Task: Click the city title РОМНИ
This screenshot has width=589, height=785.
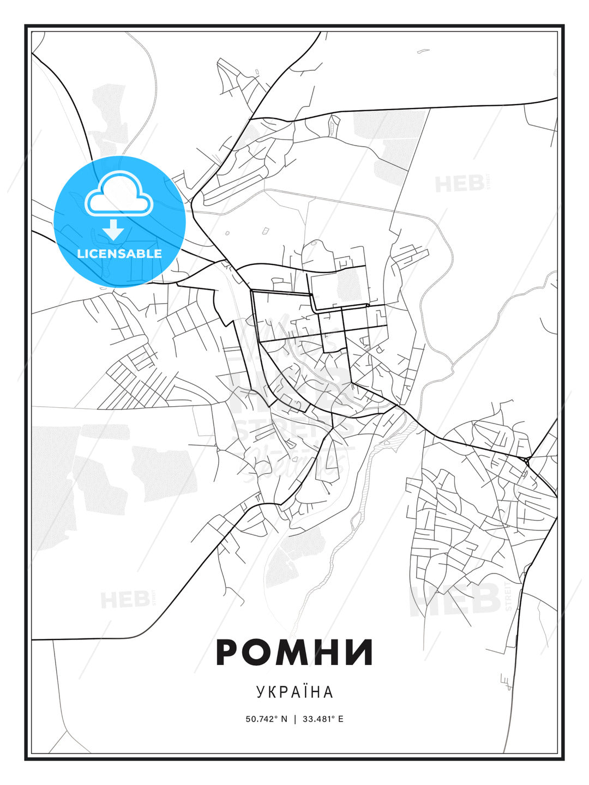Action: click(x=294, y=652)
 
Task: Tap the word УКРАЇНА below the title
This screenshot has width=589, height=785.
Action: click(x=294, y=692)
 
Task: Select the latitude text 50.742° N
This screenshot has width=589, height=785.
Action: click(x=266, y=718)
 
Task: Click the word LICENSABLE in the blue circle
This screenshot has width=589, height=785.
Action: click(x=119, y=253)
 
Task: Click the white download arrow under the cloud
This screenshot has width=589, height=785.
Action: click(x=113, y=229)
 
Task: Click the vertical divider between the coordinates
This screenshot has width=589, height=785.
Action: click(x=295, y=718)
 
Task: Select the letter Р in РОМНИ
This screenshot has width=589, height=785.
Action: click(x=229, y=652)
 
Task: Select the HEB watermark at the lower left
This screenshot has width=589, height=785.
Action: click(x=125, y=600)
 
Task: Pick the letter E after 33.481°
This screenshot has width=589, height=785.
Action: click(x=341, y=718)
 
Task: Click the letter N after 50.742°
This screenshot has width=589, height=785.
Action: click(x=284, y=718)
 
